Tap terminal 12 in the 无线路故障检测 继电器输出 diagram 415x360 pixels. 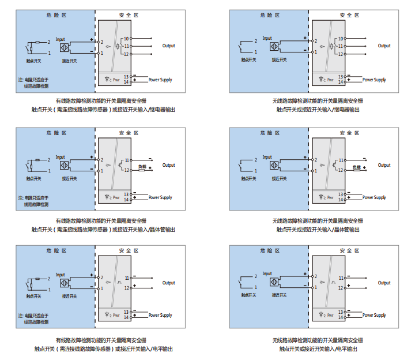[x=341, y=54]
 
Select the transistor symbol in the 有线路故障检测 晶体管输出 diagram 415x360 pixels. [x=120, y=164]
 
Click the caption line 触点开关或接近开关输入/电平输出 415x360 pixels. [x=319, y=349]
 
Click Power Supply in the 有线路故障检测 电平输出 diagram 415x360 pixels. [x=160, y=316]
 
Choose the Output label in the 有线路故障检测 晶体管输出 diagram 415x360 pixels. [x=168, y=165]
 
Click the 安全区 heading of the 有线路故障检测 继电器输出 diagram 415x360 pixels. [x=129, y=16]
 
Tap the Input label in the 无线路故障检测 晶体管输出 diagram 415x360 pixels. [x=267, y=157]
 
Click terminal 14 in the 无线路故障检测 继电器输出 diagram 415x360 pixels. [x=341, y=83]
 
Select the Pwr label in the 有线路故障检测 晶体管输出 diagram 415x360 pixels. [x=116, y=197]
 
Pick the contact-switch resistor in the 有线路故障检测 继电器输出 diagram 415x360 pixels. [x=37, y=42]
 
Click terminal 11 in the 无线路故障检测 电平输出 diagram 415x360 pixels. [x=341, y=277]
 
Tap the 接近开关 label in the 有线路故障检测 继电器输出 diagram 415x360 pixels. [x=69, y=60]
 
